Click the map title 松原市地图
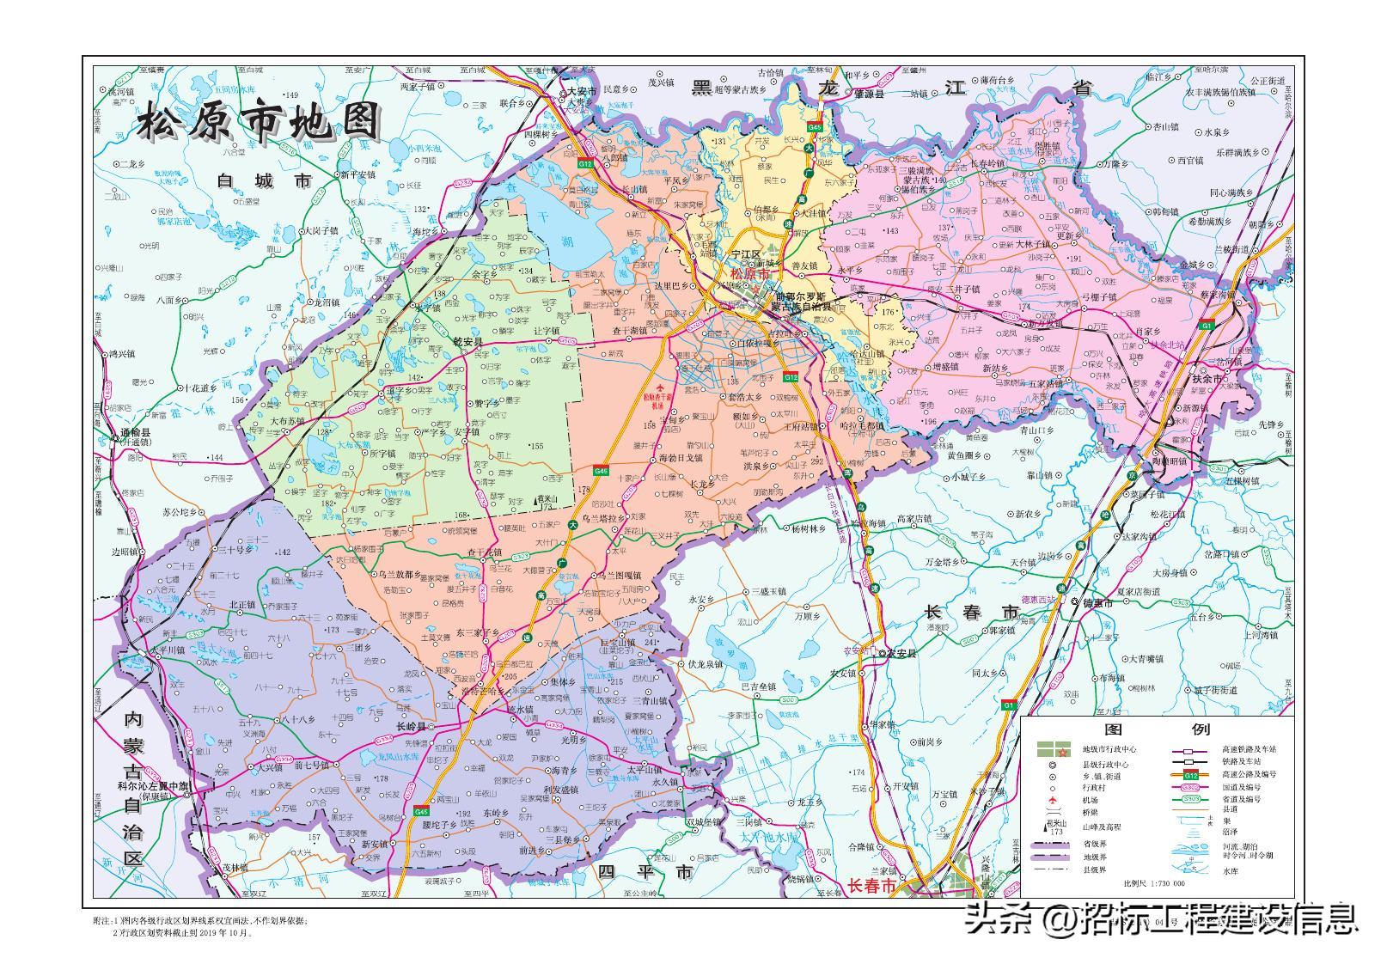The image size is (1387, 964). pyautogui.click(x=259, y=122)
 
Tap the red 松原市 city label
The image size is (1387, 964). pyautogui.click(x=750, y=274)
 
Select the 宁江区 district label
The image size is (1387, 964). pyautogui.click(x=745, y=256)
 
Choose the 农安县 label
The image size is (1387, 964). pyautogui.click(x=902, y=653)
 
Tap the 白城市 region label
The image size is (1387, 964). pyautogui.click(x=265, y=181)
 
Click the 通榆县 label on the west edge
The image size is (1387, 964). pyautogui.click(x=135, y=433)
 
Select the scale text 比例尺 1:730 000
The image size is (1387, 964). pyautogui.click(x=1154, y=883)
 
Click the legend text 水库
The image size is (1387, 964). pyautogui.click(x=1231, y=870)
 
